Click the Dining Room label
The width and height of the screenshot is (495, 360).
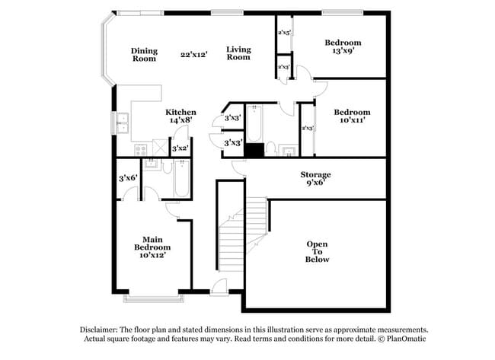144,55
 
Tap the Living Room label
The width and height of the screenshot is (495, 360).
238,53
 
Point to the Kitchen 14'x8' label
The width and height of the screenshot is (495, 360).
181,116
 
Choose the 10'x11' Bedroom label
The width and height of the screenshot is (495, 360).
352,116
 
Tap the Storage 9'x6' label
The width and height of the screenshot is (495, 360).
315,179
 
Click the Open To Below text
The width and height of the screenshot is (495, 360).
318,252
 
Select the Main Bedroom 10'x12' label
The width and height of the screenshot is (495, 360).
152,247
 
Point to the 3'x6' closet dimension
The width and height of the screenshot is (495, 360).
127,178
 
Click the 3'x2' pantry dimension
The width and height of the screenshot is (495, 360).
180,149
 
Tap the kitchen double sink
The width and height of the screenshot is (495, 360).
122,122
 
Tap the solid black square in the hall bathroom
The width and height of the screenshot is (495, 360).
254,150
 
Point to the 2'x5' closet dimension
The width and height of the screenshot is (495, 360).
284,33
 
